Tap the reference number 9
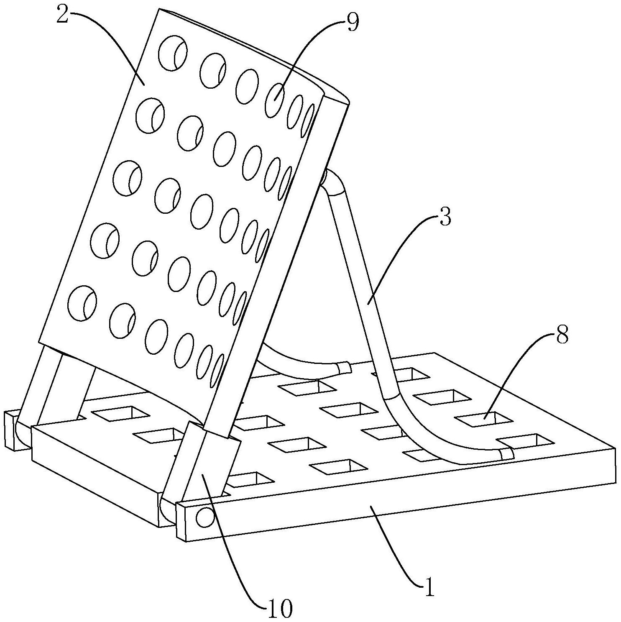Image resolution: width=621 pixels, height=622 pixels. pos(353,23)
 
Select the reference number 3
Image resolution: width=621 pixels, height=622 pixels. pos(445,217)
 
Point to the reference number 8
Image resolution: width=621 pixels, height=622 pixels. pos(562,335)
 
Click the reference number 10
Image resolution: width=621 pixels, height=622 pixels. pos(279,609)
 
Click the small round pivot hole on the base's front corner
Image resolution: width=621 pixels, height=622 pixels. pos(204,518)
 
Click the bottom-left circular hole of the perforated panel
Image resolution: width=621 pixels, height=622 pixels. pos(82,304)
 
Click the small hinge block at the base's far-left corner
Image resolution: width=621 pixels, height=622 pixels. pos(12,431)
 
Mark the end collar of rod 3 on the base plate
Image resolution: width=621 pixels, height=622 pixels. pos(506,454)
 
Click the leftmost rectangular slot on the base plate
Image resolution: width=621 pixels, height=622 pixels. pos(120,413)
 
